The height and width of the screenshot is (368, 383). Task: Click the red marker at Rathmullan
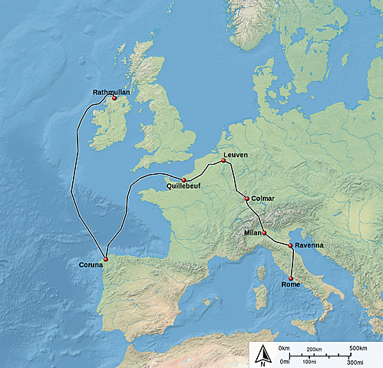point(114,98)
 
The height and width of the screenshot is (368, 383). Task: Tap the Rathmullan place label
point(111,92)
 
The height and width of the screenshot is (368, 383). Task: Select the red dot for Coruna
point(106,259)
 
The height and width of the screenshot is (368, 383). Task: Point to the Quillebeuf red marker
point(183,179)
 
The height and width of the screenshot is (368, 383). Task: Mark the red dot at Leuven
point(223,160)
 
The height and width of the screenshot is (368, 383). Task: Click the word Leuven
point(236,155)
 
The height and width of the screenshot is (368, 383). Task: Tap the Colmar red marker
point(246,199)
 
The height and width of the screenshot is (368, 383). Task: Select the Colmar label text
point(262,199)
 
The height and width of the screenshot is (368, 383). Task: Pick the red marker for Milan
point(264,233)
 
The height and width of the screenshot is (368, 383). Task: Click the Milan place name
point(253,232)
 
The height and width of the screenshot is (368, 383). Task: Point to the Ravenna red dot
point(289,245)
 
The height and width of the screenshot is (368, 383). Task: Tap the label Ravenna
point(309,245)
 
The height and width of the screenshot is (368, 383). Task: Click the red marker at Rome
point(290,278)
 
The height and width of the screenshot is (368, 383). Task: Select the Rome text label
point(291,284)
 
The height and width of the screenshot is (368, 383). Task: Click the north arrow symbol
point(262,354)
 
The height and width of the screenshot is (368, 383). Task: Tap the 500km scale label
point(358,349)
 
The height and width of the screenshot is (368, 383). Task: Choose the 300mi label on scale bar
point(354,361)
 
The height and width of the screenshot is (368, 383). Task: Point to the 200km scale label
point(314,349)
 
